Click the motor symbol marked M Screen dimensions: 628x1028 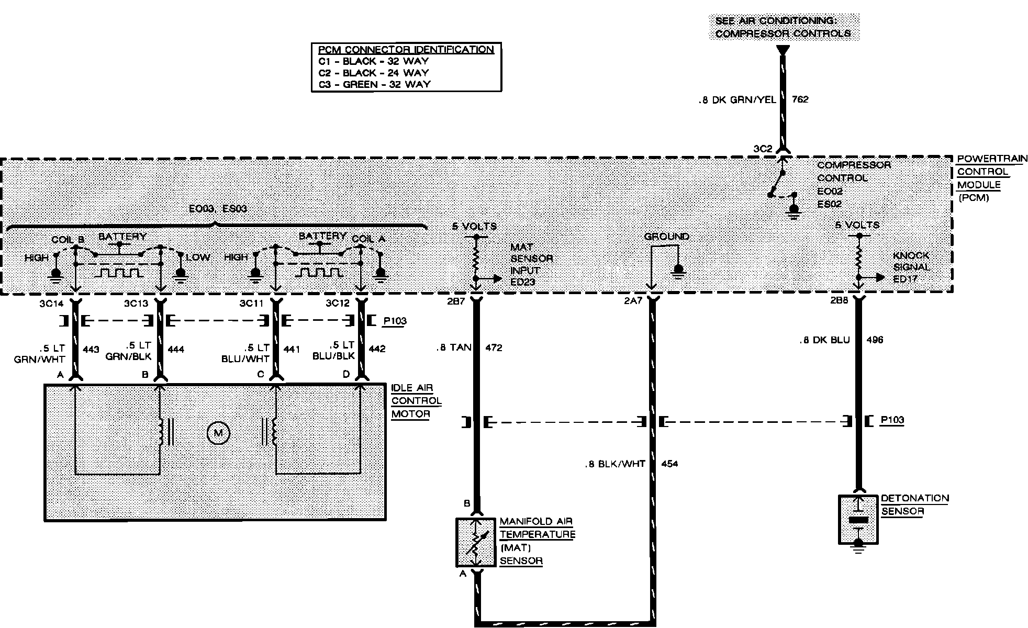click(218, 433)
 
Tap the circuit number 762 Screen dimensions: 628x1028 click(800, 99)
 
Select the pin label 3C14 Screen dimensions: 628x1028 click(51, 304)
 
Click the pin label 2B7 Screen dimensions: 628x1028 click(456, 302)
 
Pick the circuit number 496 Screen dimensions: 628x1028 click(875, 340)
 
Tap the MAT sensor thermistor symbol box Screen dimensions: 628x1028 click(475, 542)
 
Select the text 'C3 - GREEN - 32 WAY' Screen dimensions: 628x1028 click(374, 84)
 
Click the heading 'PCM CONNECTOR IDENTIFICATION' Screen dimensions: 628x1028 click(406, 50)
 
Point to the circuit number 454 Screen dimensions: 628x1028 click(669, 464)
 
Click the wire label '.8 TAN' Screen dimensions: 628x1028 click(453, 347)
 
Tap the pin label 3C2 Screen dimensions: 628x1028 click(763, 149)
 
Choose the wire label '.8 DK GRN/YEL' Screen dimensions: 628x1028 click(737, 99)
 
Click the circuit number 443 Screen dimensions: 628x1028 click(91, 349)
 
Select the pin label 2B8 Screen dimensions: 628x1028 click(839, 302)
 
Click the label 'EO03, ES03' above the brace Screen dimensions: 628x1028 click(218, 209)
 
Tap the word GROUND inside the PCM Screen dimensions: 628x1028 click(666, 237)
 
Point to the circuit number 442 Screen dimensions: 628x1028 click(377, 349)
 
